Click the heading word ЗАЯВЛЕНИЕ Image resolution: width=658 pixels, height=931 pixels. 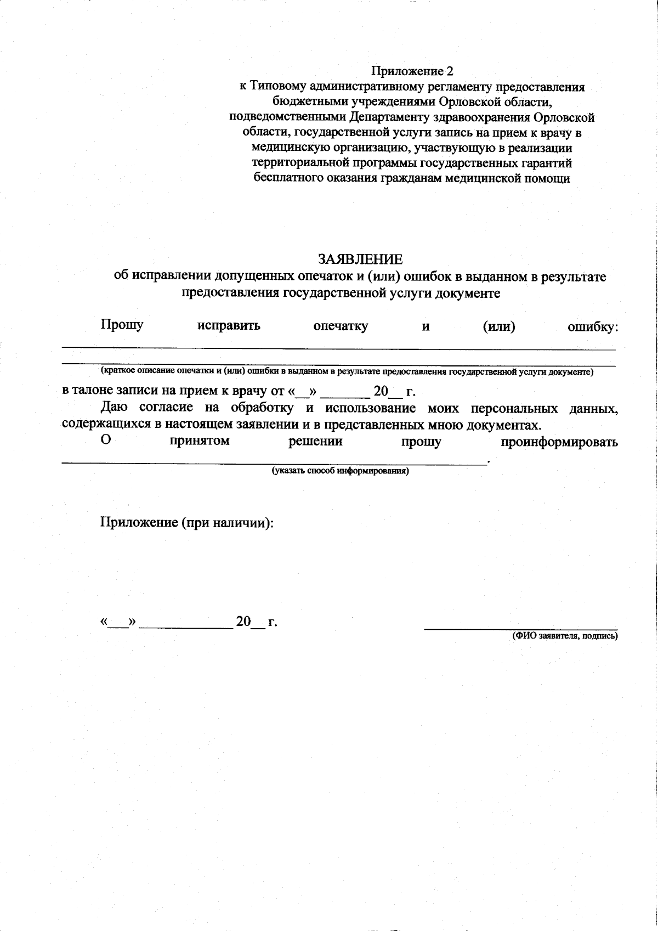(x=360, y=259)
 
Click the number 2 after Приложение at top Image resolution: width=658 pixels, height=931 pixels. (x=450, y=71)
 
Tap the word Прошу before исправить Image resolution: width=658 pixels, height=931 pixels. (x=122, y=325)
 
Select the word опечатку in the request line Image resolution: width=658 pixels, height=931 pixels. (x=341, y=326)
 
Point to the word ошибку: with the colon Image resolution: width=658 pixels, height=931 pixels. (x=592, y=327)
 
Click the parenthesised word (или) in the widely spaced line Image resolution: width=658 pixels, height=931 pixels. (x=498, y=327)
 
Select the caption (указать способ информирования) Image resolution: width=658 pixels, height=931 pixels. (x=341, y=471)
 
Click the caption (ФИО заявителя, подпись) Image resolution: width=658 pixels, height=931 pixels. (x=565, y=636)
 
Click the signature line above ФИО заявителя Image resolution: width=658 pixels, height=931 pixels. (x=521, y=629)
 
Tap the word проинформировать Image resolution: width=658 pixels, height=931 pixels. (x=559, y=442)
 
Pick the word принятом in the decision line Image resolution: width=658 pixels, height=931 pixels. (x=200, y=441)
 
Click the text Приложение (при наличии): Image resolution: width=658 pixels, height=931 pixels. (x=186, y=523)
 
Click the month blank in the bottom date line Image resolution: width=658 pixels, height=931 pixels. (x=186, y=625)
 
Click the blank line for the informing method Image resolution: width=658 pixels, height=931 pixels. (x=274, y=463)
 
